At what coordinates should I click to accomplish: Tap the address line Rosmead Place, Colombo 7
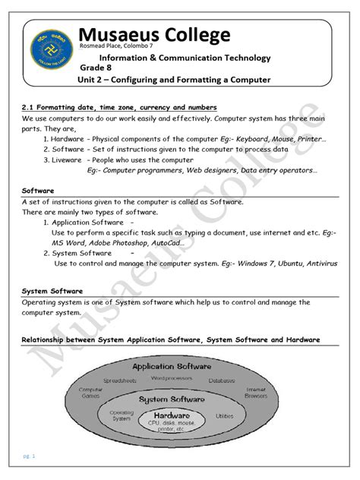111,48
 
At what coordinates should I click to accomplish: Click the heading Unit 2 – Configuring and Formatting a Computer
174,81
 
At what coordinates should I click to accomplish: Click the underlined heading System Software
52,292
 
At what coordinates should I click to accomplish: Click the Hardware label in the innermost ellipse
172,416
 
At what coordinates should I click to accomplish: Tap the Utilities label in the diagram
224,417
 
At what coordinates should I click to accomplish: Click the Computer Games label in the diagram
91,393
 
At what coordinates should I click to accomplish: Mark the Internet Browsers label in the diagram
255,393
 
